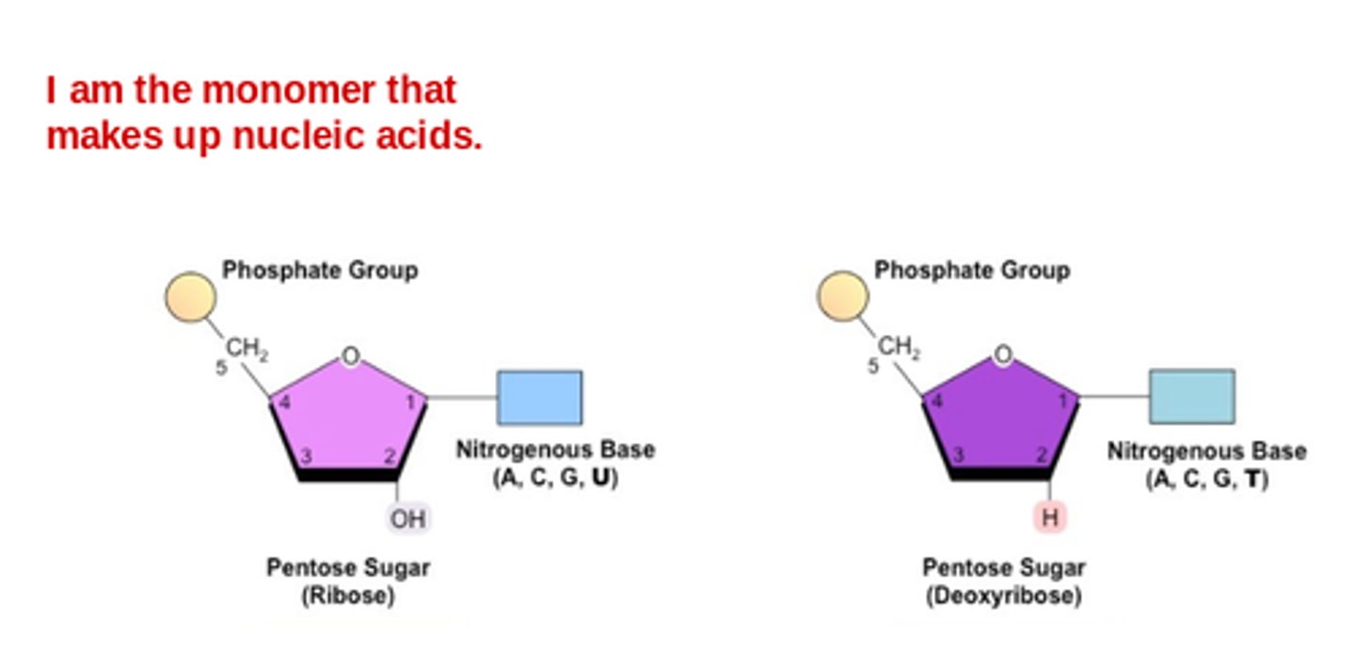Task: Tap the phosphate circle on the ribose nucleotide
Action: coord(191,297)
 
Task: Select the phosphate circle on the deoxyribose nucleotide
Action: coord(842,296)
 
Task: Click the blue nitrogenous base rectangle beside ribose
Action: coord(539,397)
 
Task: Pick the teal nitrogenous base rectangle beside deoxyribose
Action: coord(1191,396)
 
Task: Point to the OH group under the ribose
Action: coord(407,518)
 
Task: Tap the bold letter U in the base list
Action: coord(598,478)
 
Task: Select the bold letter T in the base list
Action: coord(1251,479)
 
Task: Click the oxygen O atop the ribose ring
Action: coord(350,356)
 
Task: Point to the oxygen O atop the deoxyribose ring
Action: coord(1003,355)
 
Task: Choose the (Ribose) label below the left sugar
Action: coord(347,596)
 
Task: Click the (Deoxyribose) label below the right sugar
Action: coord(1003,596)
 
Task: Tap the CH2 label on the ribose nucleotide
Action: coord(247,351)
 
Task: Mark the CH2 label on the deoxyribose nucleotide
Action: coord(900,349)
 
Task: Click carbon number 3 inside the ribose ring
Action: coord(305,457)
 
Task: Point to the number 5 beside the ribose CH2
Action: coord(221,369)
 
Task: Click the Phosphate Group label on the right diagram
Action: coord(972,271)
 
